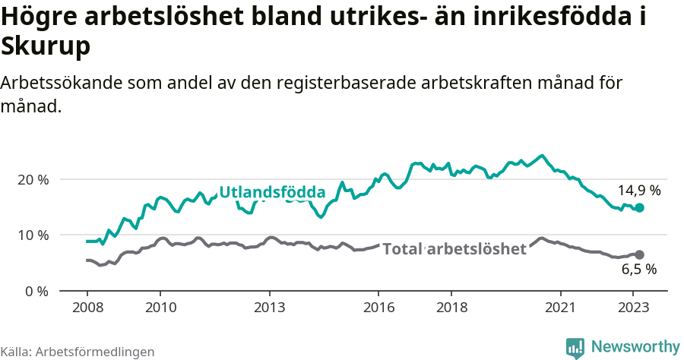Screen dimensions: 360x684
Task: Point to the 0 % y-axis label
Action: click(x=37, y=291)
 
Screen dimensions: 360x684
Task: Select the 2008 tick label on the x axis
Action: click(x=87, y=308)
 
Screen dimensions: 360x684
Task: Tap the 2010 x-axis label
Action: click(x=160, y=308)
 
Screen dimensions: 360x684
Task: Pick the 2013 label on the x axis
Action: click(x=269, y=308)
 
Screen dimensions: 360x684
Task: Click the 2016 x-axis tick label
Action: click(x=378, y=308)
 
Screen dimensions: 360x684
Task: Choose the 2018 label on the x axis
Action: click(x=451, y=308)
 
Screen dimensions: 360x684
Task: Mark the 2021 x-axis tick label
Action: click(x=560, y=308)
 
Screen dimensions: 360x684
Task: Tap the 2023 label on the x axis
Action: click(x=633, y=308)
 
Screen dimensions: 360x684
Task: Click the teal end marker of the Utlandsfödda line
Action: click(x=639, y=207)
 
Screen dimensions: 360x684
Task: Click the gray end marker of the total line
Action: click(x=639, y=254)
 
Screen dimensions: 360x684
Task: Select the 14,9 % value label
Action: click(x=638, y=191)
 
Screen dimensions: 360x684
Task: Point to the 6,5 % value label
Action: click(x=638, y=269)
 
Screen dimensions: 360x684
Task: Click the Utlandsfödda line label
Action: click(x=272, y=192)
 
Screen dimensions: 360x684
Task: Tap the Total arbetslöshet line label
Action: click(x=454, y=249)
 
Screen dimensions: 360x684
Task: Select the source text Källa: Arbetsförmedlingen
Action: click(x=78, y=352)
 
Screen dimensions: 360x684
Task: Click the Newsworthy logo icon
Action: click(x=575, y=348)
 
